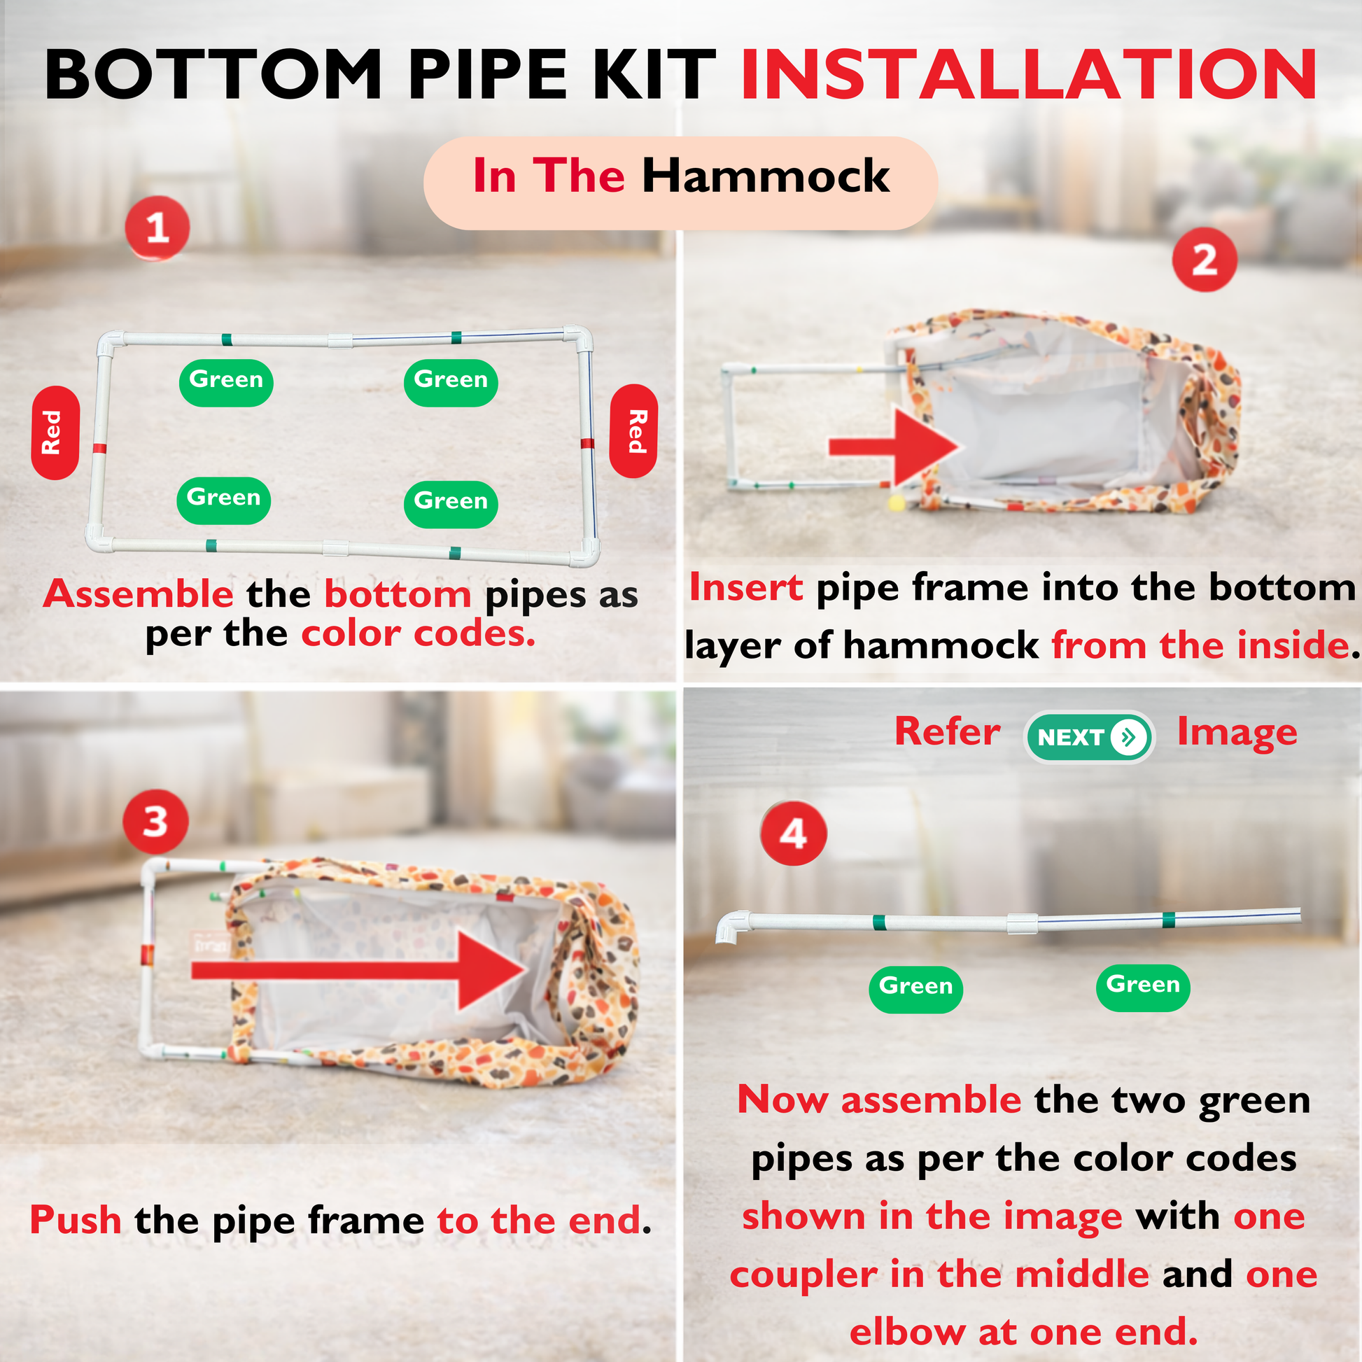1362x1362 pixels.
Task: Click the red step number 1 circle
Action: point(157,228)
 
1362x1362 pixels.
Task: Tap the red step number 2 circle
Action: point(1204,260)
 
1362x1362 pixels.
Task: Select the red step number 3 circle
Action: point(156,821)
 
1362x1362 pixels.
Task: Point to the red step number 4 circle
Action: point(793,834)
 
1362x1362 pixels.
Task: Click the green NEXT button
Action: point(1089,738)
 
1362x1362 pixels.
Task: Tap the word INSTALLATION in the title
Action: point(1029,74)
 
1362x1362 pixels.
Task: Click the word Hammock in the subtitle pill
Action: point(766,176)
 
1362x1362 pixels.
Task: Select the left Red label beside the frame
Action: point(55,433)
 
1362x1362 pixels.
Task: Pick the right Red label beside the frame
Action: point(634,430)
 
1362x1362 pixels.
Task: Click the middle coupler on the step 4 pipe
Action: point(1022,922)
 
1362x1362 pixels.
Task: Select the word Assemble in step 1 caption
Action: point(138,594)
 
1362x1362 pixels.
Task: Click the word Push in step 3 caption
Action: point(76,1221)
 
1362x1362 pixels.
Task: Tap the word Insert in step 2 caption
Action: point(746,587)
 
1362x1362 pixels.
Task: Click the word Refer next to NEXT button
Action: point(947,731)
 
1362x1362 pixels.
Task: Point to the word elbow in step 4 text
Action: point(907,1332)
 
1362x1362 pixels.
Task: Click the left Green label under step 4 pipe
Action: point(915,989)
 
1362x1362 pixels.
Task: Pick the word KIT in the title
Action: point(655,74)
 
